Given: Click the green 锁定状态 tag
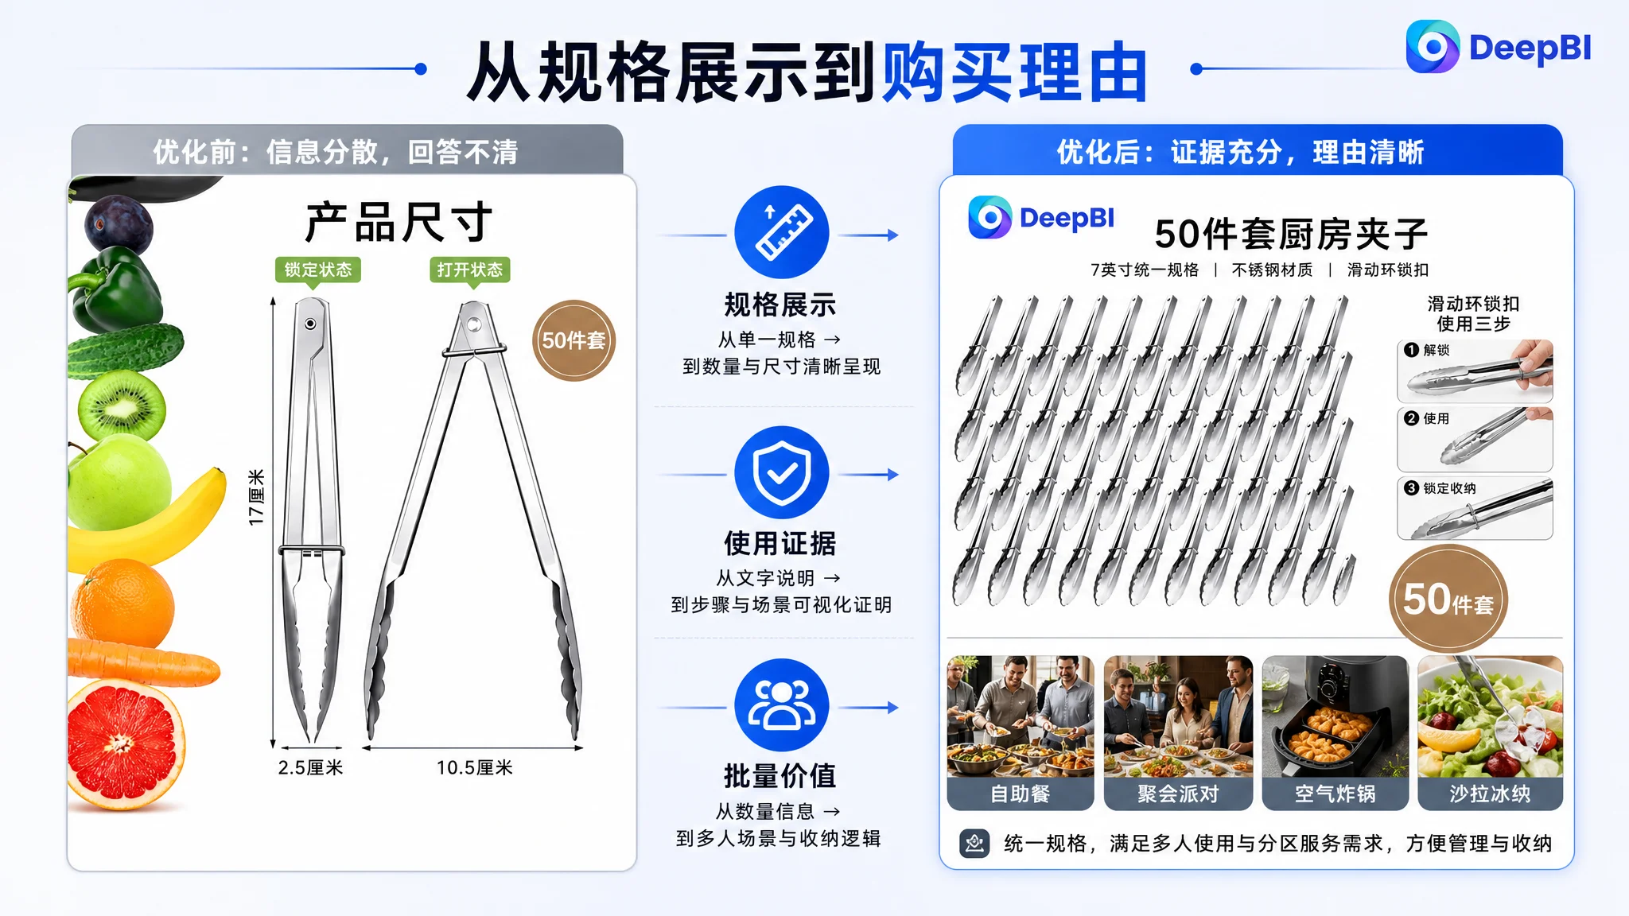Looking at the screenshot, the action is [x=318, y=270].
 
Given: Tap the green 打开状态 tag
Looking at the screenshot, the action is [x=470, y=270].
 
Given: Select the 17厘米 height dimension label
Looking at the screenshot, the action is [x=256, y=497].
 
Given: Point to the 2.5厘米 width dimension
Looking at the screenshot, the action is [x=310, y=767].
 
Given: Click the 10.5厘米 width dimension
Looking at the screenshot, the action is [x=475, y=767].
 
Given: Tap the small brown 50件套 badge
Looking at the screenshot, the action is [x=573, y=340].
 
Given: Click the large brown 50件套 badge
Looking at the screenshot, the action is [x=1448, y=600].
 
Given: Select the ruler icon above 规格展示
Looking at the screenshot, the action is [x=782, y=232].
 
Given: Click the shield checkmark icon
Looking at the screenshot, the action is [x=782, y=473].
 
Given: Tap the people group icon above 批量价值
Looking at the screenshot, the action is [x=782, y=705].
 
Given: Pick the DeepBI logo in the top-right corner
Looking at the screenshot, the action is [x=1499, y=47].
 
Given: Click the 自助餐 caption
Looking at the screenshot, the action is [x=1021, y=794].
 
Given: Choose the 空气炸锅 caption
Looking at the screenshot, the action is [x=1335, y=794].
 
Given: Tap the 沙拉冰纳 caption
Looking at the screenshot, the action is [x=1490, y=794].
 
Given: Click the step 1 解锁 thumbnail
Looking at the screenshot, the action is [x=1475, y=371].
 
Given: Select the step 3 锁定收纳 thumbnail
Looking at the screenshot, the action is [x=1475, y=508].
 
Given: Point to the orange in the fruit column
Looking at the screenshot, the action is [x=122, y=602].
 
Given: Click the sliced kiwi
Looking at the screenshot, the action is [x=122, y=406].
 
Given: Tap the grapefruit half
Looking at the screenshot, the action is [x=125, y=744].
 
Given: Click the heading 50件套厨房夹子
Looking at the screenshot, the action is [x=1291, y=234].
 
